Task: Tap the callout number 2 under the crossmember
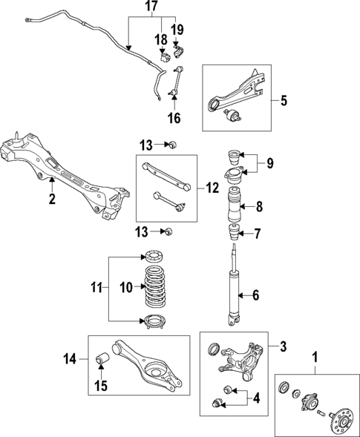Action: (x=52, y=200)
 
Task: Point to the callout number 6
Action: (x=256, y=295)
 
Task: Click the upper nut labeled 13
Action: (x=170, y=143)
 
